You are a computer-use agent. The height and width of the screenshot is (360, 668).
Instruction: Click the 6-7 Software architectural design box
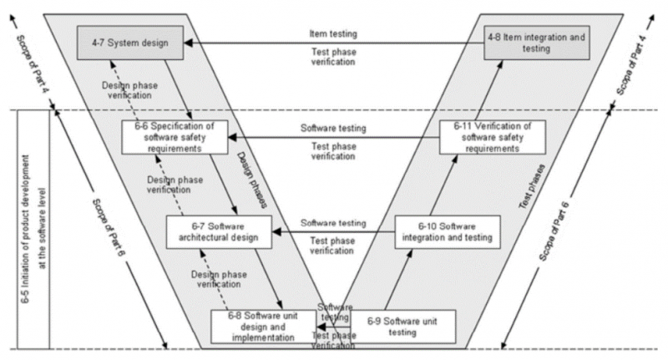point(220,231)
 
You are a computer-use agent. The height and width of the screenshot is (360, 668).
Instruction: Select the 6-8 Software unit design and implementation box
point(262,326)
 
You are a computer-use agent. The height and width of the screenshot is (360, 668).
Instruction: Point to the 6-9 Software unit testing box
point(403,326)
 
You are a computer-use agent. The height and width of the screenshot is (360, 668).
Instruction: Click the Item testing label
point(334,33)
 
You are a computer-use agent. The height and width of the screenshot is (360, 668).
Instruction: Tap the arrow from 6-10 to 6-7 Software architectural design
point(335,232)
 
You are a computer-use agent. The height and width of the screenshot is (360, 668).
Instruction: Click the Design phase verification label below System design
point(125,90)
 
